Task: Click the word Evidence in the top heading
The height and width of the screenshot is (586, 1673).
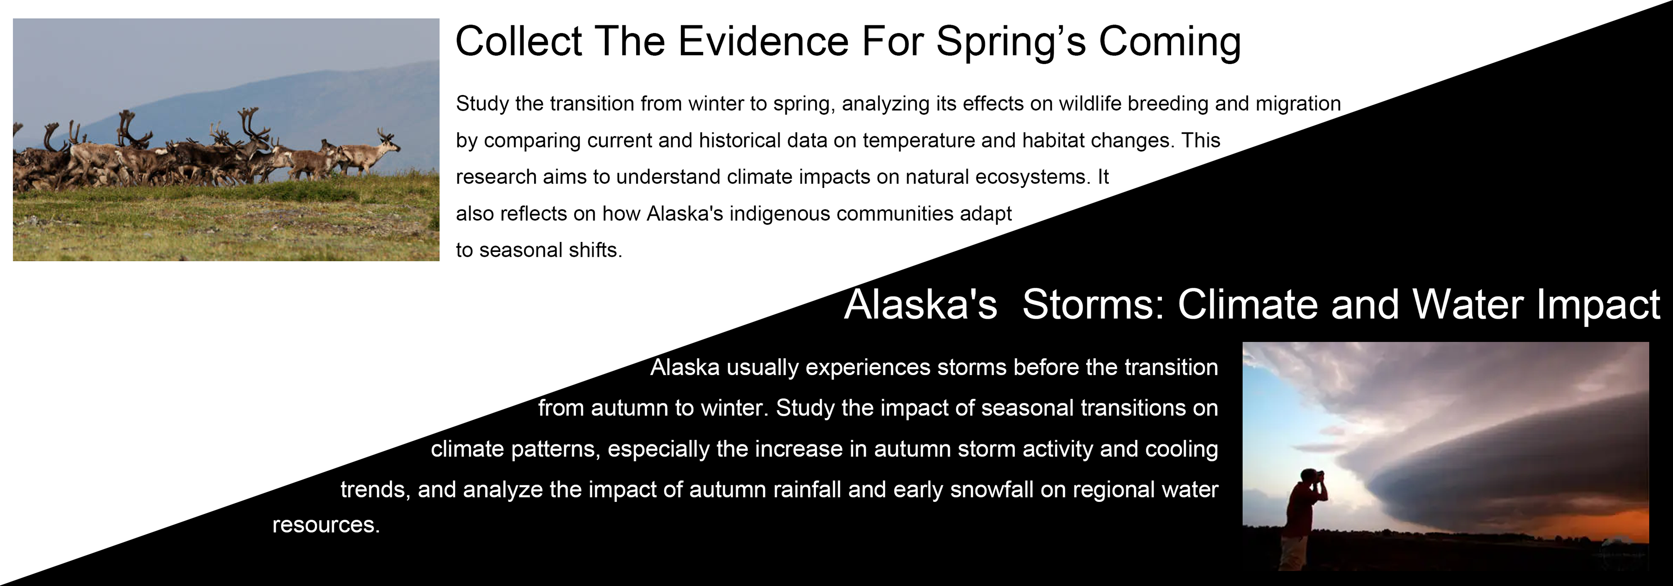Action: (763, 41)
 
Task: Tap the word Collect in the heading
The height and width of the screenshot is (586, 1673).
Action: (518, 41)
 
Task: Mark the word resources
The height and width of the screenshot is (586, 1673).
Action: (326, 525)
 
